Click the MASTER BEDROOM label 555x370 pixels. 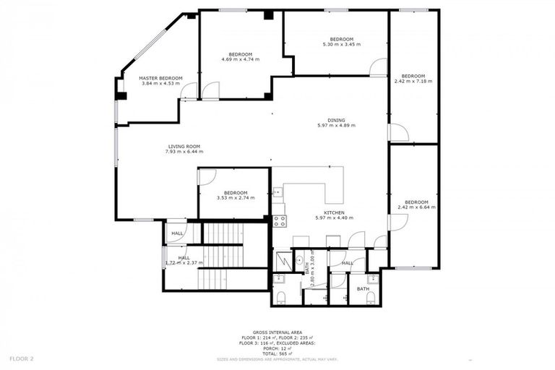tap(160, 78)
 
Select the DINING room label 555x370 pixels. tap(336, 120)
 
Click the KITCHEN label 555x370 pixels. tap(334, 212)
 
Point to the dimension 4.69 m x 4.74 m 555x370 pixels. tap(240, 60)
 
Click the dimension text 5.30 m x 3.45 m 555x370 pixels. tap(341, 44)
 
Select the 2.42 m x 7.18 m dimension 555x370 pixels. tap(413, 82)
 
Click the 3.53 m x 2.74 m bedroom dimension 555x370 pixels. tap(236, 198)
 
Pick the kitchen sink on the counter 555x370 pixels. tap(277, 192)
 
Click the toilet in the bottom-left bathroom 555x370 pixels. tap(282, 298)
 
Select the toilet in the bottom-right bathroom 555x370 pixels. tap(371, 298)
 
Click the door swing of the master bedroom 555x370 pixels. tap(189, 91)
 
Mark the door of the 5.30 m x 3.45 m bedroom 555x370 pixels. tap(378, 68)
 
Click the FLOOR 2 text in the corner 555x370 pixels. tap(22, 358)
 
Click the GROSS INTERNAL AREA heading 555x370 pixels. tap(277, 332)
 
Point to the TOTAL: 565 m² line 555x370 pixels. tap(277, 352)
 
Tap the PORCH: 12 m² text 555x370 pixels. tap(277, 347)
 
